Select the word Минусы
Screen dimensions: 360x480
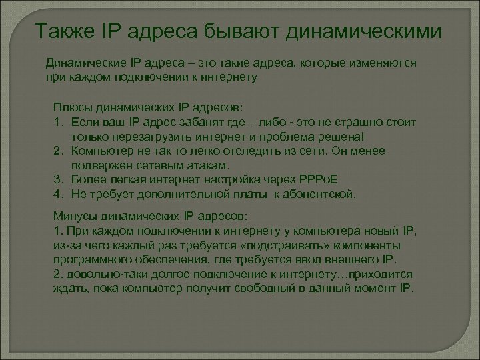point(73,217)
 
